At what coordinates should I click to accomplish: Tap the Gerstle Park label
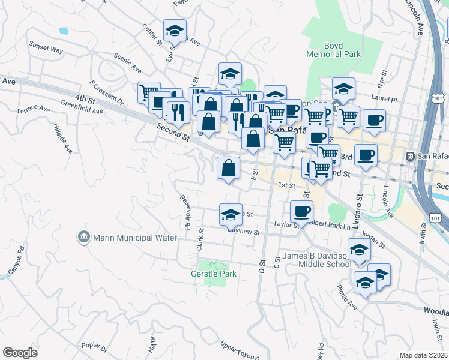(214, 274)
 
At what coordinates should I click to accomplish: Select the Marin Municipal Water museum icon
(83, 238)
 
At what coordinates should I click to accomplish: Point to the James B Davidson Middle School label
(316, 260)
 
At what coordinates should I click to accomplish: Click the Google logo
(20, 353)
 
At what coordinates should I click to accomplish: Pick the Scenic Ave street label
(127, 61)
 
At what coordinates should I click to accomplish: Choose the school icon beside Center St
(175, 30)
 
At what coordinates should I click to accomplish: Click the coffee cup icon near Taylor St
(301, 211)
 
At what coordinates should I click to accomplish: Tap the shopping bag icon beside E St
(228, 167)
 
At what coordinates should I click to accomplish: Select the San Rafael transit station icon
(411, 156)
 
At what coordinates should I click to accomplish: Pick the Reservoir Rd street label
(186, 212)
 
